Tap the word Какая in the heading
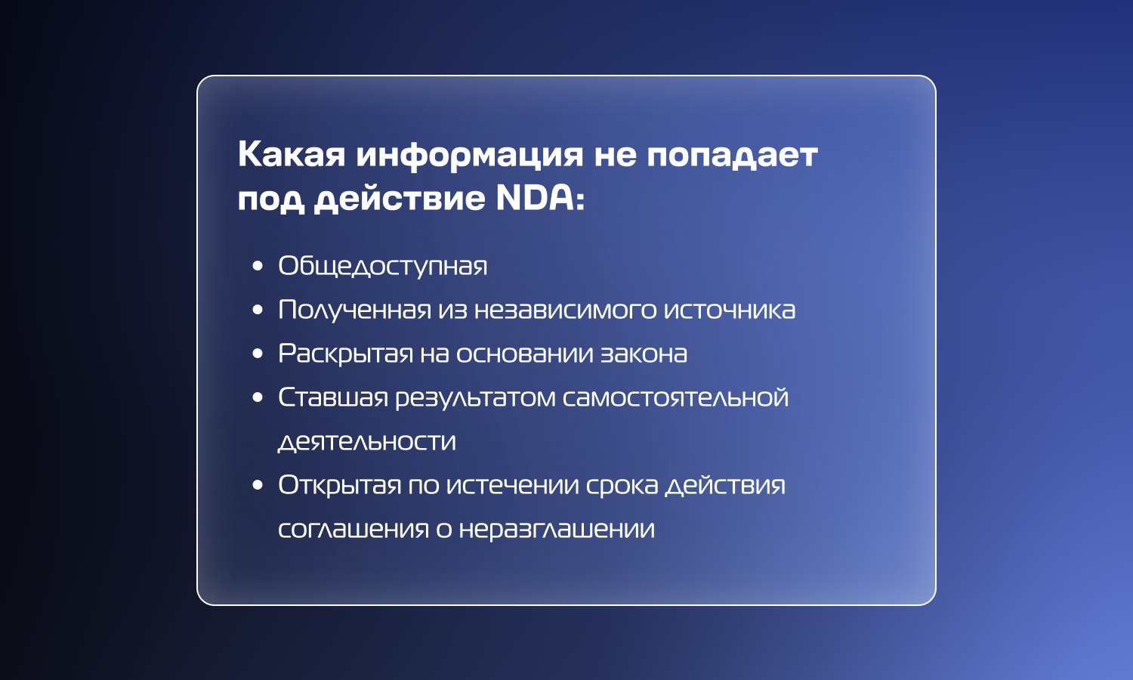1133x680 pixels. click(292, 154)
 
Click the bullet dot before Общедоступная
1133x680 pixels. click(258, 266)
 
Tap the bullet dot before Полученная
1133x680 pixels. click(258, 310)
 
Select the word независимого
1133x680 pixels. click(566, 310)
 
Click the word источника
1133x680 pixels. click(730, 310)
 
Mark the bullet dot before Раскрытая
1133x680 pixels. click(258, 354)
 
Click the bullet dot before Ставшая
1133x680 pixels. click(258, 397)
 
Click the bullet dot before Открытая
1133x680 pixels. click(258, 485)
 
